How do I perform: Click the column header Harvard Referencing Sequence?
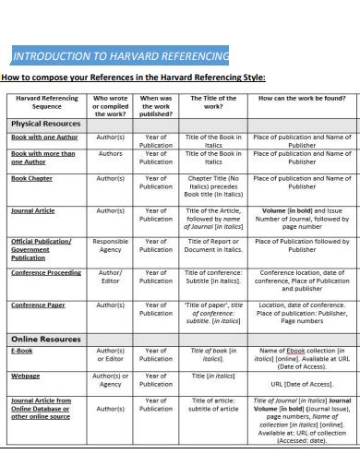pos(47,102)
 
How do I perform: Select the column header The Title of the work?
pos(213,102)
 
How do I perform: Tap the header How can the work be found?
pos(302,97)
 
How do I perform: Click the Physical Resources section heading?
pos(46,123)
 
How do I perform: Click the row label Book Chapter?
pos(31,177)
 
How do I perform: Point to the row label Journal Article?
pos(33,210)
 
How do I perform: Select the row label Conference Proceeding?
pos(46,273)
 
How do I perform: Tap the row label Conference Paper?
pos(38,305)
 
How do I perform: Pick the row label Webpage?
pos(25,376)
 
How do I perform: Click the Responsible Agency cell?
pos(111,245)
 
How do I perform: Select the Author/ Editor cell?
pos(111,277)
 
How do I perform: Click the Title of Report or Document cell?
pos(213,245)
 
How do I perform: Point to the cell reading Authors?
pos(111,153)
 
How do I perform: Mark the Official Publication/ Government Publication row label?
pos(42,249)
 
